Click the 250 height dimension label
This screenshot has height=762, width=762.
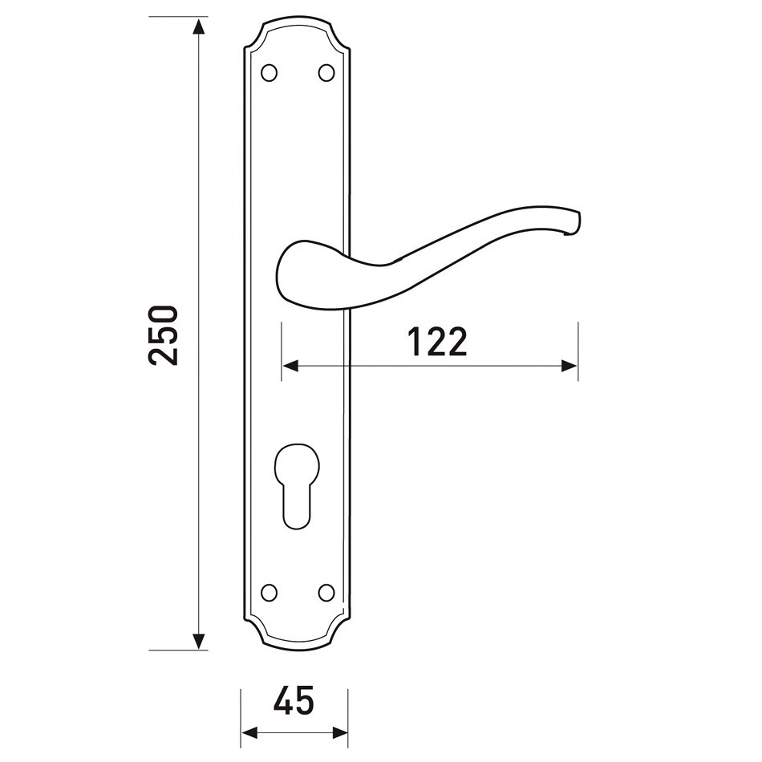(164, 334)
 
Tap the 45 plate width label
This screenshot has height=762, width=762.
(294, 700)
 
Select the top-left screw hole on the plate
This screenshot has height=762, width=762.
(269, 73)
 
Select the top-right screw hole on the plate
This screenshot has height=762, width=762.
(326, 73)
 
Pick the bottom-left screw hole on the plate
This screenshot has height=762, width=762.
(269, 593)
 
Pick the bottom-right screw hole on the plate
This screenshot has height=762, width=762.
(326, 593)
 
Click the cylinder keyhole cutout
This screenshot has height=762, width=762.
(297, 486)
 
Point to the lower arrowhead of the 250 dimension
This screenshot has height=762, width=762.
(198, 641)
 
